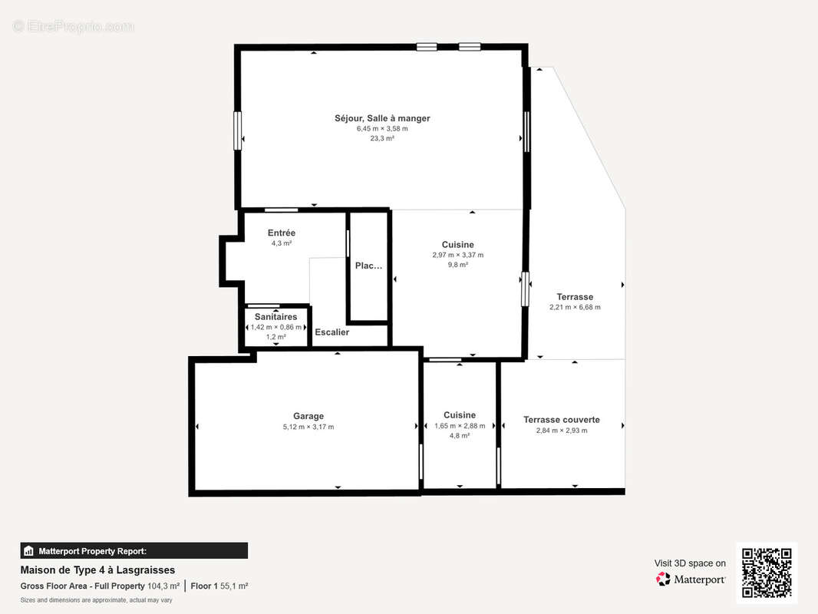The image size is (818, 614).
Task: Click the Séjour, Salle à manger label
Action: click(382, 118)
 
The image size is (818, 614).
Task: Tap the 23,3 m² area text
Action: click(382, 138)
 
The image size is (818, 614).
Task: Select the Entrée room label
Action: click(282, 233)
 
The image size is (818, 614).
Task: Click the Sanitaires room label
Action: click(276, 317)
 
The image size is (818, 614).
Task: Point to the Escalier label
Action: click(331, 332)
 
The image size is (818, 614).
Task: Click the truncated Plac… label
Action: click(369, 266)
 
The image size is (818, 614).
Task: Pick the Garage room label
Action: click(308, 416)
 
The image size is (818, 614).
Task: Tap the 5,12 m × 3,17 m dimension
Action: click(308, 427)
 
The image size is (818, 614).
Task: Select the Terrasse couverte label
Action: click(562, 419)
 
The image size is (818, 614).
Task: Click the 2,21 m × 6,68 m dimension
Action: click(575, 307)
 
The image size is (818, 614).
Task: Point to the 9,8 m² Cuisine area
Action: click(458, 265)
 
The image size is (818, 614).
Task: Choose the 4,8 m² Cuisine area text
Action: click(460, 436)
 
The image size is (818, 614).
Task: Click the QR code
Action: click(767, 573)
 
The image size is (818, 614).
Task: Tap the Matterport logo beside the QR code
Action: click(691, 579)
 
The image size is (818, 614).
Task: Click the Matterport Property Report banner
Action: click(134, 551)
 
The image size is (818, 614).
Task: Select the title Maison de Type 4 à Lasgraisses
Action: click(97, 570)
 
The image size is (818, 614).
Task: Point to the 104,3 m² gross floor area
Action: click(163, 586)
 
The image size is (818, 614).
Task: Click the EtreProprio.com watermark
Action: click(74, 26)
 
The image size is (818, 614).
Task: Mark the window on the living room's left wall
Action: click(237, 130)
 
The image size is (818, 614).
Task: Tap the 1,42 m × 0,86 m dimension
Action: click(276, 327)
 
